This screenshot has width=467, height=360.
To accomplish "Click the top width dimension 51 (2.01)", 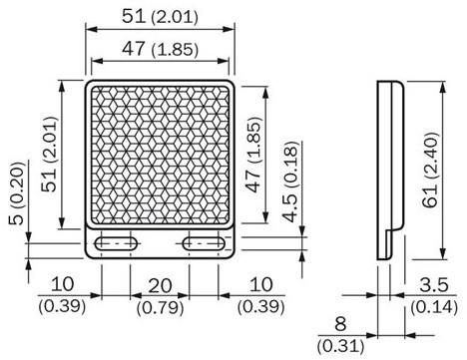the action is (160, 16).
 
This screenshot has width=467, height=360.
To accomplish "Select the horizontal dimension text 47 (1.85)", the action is (160, 49).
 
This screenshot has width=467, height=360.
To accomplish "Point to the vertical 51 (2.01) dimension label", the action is (49, 155).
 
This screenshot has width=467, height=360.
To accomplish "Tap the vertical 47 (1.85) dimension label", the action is (252, 155).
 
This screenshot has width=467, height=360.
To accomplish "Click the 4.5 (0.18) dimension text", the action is (290, 181).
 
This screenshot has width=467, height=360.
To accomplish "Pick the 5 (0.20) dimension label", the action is (17, 193).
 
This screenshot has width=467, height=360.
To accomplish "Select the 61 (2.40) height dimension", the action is (430, 171).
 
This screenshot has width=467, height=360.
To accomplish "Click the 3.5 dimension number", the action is (434, 285).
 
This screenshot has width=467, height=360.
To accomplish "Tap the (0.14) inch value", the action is (434, 306).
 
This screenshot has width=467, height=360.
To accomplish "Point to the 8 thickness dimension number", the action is (340, 324).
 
